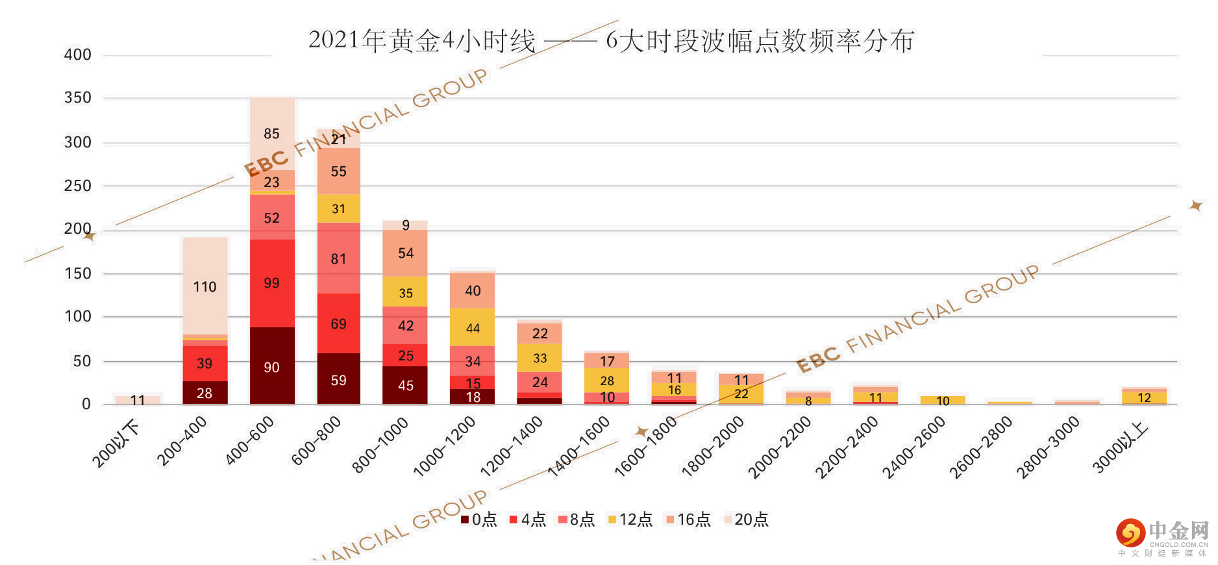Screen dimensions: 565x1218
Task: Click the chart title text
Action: [610, 40]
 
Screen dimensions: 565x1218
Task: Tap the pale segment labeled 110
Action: [205, 286]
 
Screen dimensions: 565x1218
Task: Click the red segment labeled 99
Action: [272, 283]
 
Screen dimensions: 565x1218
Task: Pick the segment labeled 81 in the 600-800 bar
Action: [339, 258]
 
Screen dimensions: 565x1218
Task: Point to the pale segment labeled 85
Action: [272, 134]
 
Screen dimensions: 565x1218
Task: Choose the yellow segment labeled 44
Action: [473, 328]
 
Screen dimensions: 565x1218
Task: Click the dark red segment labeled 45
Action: [406, 385]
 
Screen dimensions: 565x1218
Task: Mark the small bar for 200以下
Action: [138, 400]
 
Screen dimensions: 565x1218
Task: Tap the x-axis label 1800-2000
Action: [712, 447]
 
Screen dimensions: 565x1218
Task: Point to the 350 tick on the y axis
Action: [77, 98]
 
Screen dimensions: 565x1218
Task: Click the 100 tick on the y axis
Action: [77, 317]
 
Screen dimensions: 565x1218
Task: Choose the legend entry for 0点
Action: [479, 520]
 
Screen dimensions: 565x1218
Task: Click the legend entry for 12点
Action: [630, 520]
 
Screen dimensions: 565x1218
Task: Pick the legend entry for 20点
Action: [746, 520]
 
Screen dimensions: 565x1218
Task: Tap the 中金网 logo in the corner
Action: [1162, 536]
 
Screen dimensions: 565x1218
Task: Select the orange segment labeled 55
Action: [339, 171]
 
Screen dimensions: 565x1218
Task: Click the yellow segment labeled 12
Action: [1144, 397]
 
